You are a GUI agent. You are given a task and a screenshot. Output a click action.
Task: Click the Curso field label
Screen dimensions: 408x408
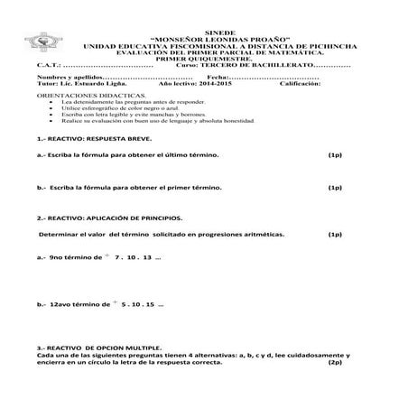tap(190, 65)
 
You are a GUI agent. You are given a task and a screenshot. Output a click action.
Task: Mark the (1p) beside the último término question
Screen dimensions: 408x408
tap(334, 155)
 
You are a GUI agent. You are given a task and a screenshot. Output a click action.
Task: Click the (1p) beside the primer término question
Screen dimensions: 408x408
tap(334, 188)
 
